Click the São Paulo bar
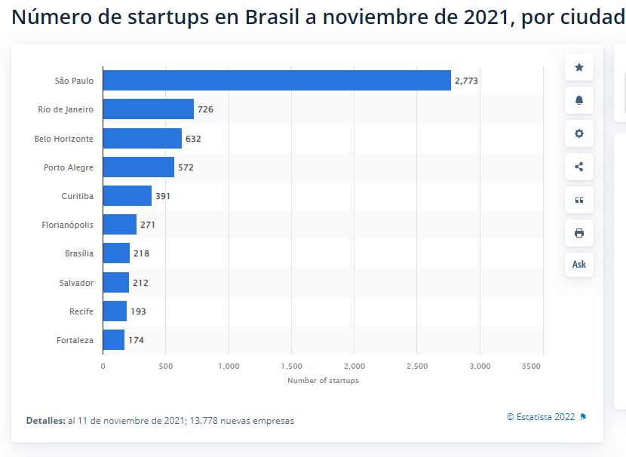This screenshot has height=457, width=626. point(277,80)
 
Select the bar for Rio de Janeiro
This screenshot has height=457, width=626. point(148,109)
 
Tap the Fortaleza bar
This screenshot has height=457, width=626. point(113,340)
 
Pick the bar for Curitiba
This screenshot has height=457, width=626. point(127,196)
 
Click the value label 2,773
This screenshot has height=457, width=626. point(466,81)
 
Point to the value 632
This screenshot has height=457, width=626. point(193,139)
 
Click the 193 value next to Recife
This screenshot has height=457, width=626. point(138,311)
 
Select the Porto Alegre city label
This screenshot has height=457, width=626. point(69,167)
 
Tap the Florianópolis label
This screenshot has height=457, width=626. point(68,225)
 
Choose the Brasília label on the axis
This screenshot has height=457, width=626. point(79,253)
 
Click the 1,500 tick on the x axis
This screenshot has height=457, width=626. point(291,367)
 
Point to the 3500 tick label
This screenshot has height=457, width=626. point(532,367)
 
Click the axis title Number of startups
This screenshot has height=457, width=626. point(323,381)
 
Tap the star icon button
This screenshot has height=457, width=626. point(579,67)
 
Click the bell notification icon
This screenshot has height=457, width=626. point(579,100)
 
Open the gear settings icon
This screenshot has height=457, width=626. point(579,133)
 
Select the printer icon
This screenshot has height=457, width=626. point(579,233)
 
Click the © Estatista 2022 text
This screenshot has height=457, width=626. point(540,417)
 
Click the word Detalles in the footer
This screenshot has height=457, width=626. point(45,421)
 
